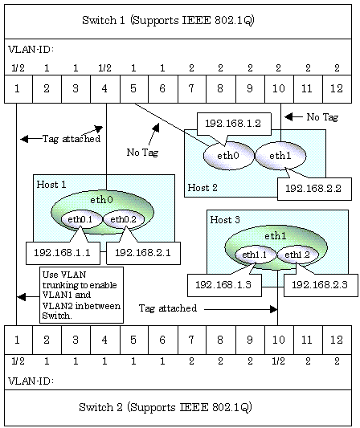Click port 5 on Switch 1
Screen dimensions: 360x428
point(134,89)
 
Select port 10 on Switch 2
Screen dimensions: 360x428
point(279,340)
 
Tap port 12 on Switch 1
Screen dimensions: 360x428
point(337,89)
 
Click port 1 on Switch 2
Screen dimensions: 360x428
point(18,340)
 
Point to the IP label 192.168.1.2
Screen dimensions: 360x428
point(234,124)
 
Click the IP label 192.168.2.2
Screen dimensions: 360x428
point(314,189)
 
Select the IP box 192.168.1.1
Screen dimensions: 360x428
point(63,253)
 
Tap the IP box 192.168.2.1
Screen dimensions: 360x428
point(143,253)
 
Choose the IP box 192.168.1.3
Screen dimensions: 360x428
point(224,285)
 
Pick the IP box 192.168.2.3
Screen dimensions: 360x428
point(321,285)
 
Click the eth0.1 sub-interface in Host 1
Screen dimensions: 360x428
point(81,219)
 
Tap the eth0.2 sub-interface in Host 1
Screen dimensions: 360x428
point(124,219)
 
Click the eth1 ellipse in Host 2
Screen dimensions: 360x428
point(280,156)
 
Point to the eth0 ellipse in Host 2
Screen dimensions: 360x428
point(229,156)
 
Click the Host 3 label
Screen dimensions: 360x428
point(225,220)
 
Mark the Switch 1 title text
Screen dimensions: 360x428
point(168,20)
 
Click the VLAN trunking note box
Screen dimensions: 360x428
point(81,295)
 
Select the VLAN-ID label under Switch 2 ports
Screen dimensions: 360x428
point(31,381)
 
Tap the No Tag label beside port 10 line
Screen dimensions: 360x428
point(322,117)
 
